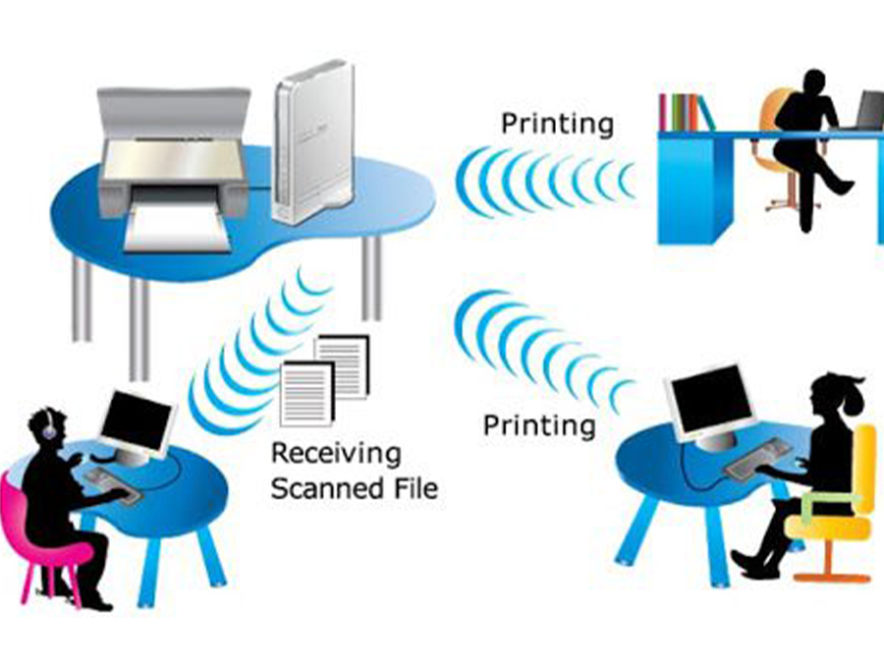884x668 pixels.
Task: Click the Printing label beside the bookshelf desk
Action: click(x=557, y=124)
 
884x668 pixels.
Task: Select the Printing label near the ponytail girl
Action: click(x=539, y=425)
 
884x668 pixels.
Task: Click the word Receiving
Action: click(x=336, y=454)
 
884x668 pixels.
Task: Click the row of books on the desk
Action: click(x=685, y=112)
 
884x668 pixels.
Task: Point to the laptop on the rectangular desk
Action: click(x=869, y=111)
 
